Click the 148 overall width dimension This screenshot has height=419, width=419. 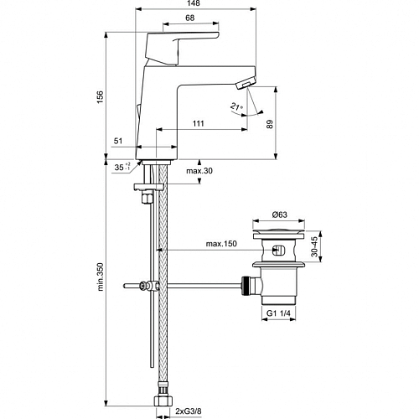click(194, 3)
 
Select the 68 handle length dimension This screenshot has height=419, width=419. click(190, 18)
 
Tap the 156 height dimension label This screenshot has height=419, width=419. click(100, 96)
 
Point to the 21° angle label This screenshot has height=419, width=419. click(236, 106)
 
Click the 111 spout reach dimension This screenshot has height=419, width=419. click(198, 123)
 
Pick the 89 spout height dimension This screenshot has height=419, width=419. click(270, 124)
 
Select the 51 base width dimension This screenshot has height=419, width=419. click(118, 141)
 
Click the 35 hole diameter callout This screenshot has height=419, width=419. click(122, 167)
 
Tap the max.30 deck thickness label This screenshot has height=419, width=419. click(199, 171)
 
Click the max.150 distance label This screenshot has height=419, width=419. click(221, 244)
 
